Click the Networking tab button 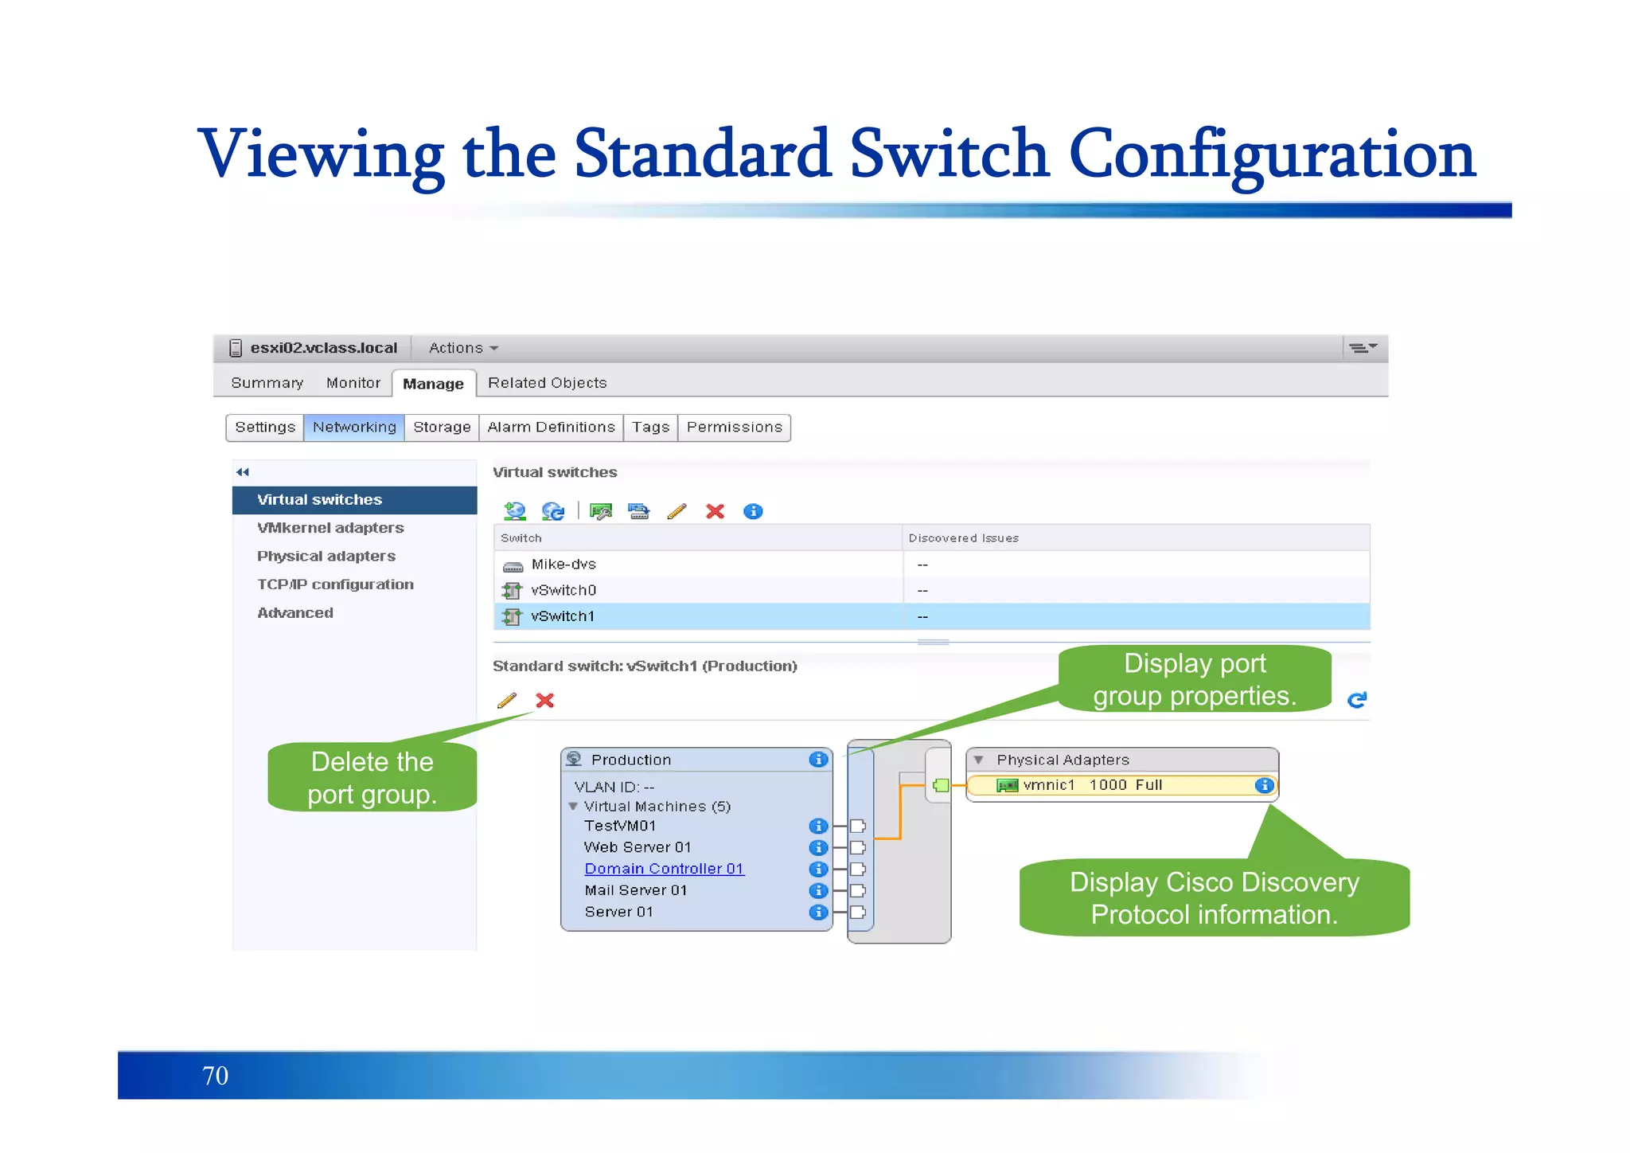click(x=353, y=428)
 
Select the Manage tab click(x=433, y=384)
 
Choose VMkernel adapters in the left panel click(x=330, y=528)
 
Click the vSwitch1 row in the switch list click(x=563, y=616)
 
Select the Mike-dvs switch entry click(x=563, y=565)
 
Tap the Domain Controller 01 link click(x=664, y=869)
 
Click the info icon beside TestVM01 click(x=817, y=826)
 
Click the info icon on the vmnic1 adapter click(x=1263, y=785)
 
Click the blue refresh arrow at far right click(x=1357, y=700)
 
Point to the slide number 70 click(x=215, y=1076)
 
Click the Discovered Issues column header click(x=963, y=538)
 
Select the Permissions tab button click(x=734, y=428)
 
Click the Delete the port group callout click(x=372, y=778)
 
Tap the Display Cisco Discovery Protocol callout click(x=1214, y=898)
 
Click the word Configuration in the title click(x=1271, y=154)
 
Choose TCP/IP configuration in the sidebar click(x=335, y=584)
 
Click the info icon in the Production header click(x=817, y=760)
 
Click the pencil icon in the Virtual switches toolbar click(x=677, y=511)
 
